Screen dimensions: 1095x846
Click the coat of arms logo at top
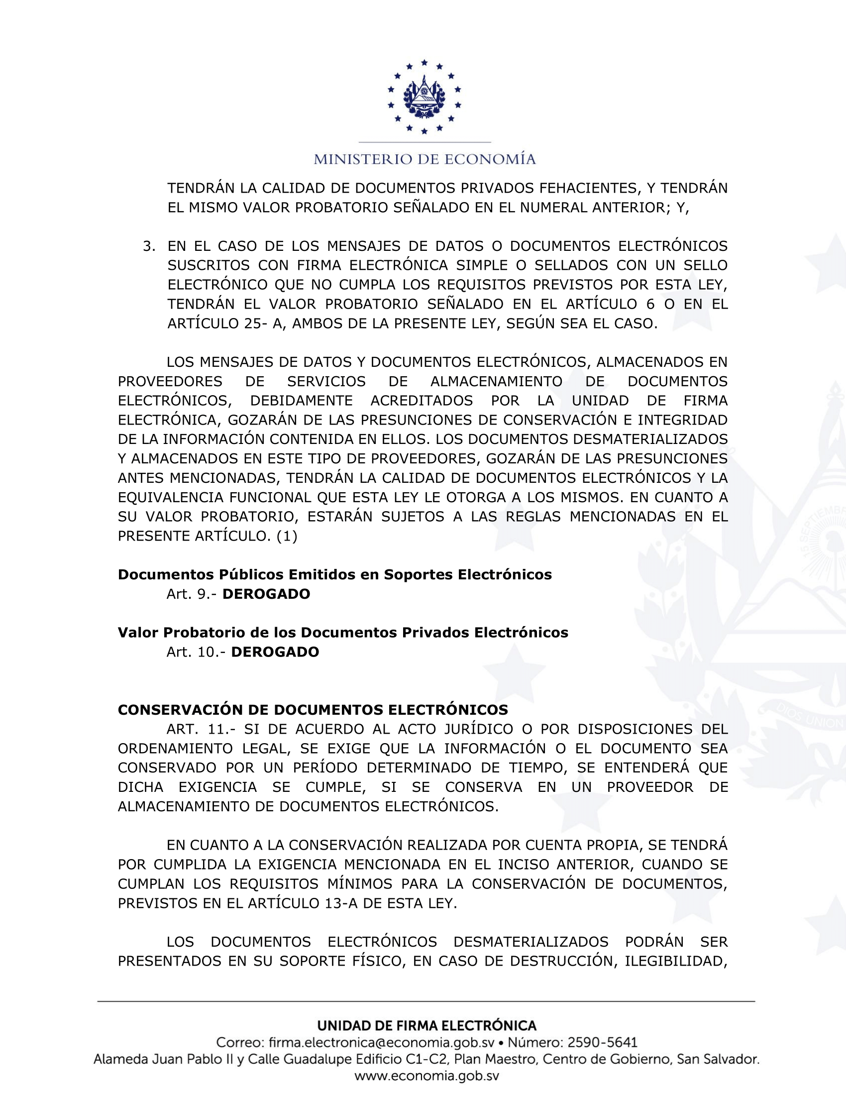(x=424, y=97)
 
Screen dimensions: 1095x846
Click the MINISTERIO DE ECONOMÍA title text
(x=424, y=159)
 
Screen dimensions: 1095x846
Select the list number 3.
(x=148, y=246)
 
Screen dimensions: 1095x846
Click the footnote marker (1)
(x=287, y=536)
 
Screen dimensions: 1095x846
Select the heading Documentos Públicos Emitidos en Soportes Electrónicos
(x=334, y=574)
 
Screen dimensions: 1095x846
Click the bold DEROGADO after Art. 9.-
(x=266, y=594)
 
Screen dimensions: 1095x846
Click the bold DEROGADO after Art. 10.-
(x=275, y=653)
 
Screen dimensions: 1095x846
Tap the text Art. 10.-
(x=197, y=653)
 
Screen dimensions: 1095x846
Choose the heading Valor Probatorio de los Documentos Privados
(x=343, y=633)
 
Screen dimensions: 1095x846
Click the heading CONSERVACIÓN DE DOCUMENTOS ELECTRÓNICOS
(x=313, y=710)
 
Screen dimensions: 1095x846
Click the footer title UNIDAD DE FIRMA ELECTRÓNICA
(x=426, y=1026)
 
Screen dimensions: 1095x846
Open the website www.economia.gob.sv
(x=426, y=1076)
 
